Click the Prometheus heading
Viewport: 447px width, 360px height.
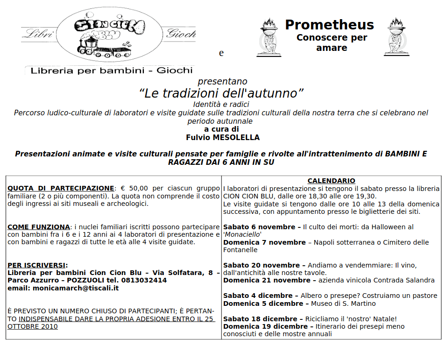(x=329, y=25)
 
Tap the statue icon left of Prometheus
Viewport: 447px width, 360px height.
(x=269, y=37)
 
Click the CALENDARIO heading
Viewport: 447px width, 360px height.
(x=331, y=181)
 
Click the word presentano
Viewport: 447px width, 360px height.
(x=222, y=82)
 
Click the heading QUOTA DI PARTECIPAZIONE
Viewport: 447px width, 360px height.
(x=61, y=188)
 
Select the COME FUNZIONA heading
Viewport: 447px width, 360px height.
(x=38, y=227)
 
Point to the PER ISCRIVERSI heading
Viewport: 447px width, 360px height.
(x=37, y=265)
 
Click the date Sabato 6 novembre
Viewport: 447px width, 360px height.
(x=259, y=227)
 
